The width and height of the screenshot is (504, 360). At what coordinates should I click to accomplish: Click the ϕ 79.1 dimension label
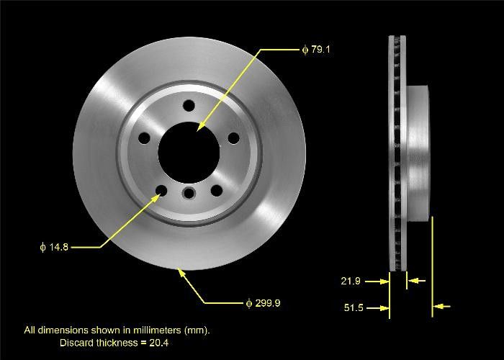tap(316, 50)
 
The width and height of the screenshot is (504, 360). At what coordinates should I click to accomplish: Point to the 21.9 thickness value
tap(351, 281)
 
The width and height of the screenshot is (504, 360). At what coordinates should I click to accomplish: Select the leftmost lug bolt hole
tap(143, 138)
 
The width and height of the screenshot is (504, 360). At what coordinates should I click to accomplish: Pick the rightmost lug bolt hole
tap(233, 138)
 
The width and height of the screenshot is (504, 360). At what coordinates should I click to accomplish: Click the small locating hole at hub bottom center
tap(189, 193)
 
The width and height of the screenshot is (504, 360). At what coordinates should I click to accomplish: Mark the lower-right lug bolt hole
tap(215, 191)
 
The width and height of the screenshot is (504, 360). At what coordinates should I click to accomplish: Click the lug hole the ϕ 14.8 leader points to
tap(160, 191)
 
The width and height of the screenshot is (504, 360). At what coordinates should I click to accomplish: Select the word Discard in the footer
tap(76, 343)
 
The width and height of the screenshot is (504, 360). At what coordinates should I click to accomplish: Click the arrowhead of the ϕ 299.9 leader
tap(180, 271)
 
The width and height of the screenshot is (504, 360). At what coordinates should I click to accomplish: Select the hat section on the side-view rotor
tap(418, 151)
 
